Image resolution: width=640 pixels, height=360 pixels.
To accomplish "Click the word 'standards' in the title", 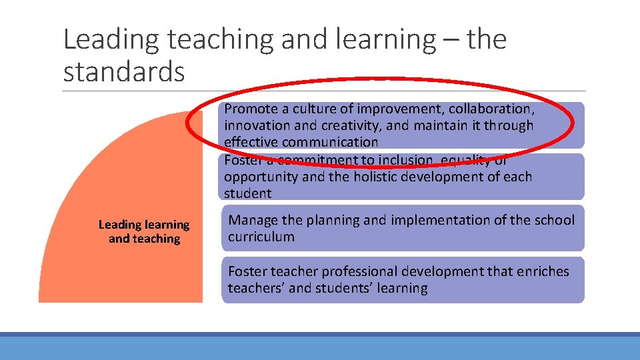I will click(123, 71).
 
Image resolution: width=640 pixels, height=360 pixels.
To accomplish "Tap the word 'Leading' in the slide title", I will click(111, 40).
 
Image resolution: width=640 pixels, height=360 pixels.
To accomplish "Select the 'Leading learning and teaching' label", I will click(144, 232).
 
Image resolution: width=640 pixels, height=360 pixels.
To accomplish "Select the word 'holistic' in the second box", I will click(385, 177).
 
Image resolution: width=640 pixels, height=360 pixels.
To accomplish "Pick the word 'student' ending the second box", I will click(247, 193).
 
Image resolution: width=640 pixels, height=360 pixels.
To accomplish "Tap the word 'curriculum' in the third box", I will click(261, 237).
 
